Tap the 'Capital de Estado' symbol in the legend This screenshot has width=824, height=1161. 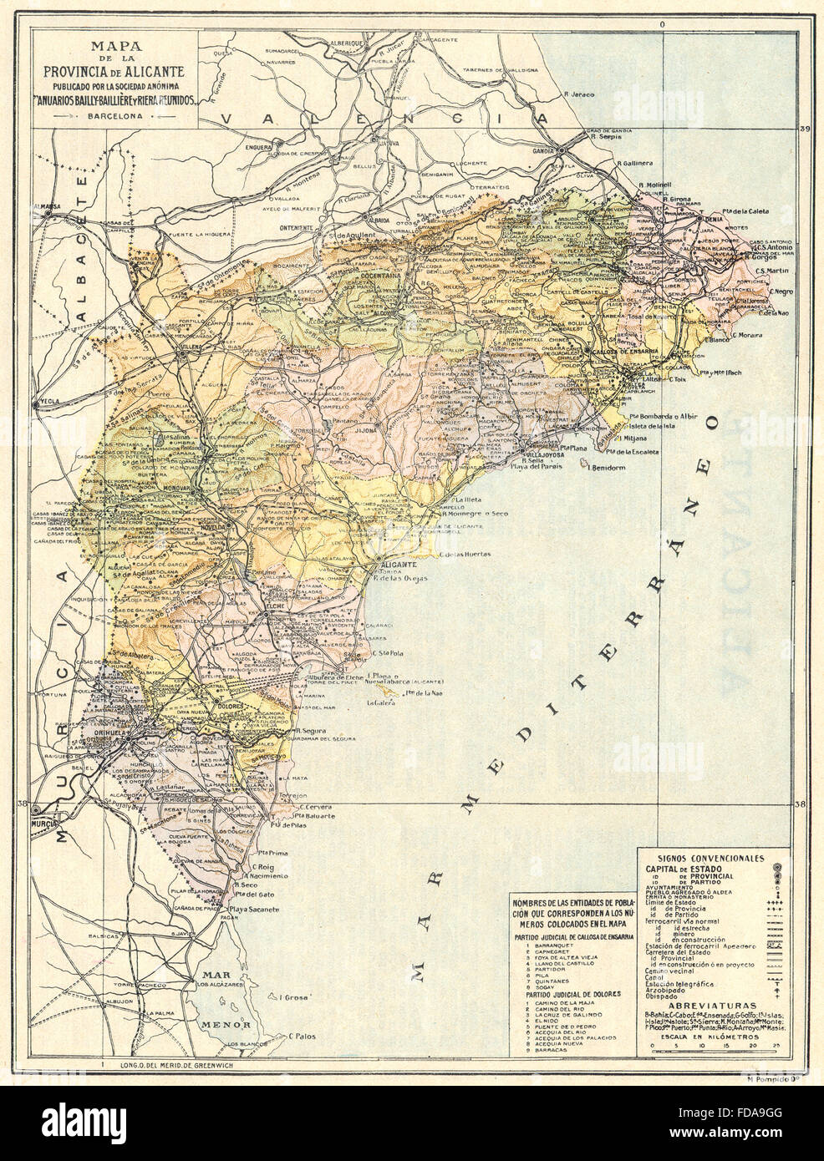[776, 868]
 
